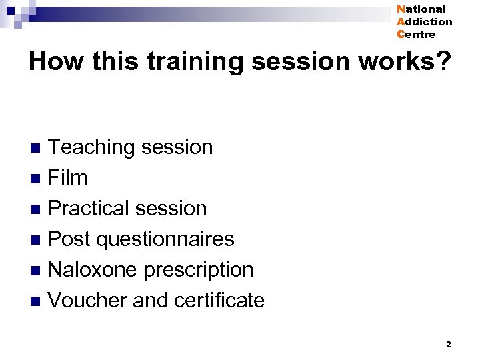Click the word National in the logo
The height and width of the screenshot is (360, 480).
click(x=421, y=9)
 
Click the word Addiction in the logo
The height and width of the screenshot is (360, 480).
click(x=424, y=22)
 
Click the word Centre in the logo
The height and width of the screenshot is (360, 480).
click(x=416, y=35)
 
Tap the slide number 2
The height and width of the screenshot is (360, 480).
click(x=448, y=345)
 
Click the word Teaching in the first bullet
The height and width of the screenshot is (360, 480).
click(x=91, y=147)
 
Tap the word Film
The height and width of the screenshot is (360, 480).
click(x=68, y=178)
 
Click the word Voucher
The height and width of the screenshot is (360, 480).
click(x=88, y=300)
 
